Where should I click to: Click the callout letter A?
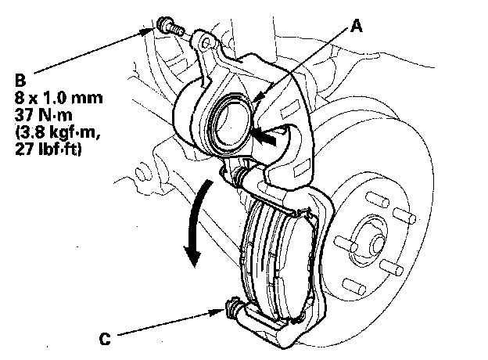click(356, 26)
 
